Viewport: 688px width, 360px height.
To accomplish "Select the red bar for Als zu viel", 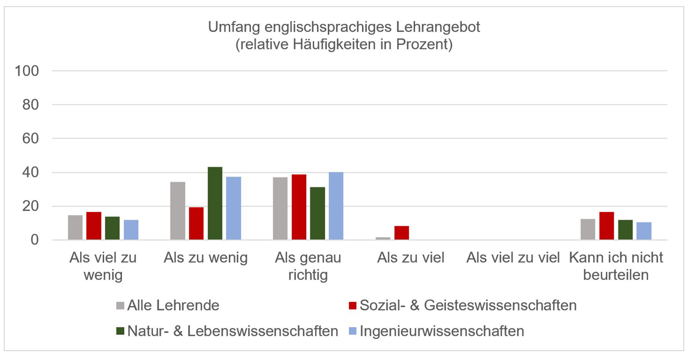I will pyautogui.click(x=401, y=233).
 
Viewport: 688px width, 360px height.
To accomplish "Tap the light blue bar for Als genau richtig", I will pyautogui.click(x=336, y=206).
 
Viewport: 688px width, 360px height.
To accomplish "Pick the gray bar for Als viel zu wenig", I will pyautogui.click(x=75, y=227).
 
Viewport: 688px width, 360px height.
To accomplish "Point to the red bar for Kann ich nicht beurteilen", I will pyautogui.click(x=606, y=226).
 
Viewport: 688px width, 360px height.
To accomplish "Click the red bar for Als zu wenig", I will pyautogui.click(x=196, y=223).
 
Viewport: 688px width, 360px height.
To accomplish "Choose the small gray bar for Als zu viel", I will pyautogui.click(x=383, y=238).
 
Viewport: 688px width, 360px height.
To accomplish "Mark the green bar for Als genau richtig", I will pyautogui.click(x=317, y=213).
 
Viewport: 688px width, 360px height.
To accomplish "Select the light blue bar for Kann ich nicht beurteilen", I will pyautogui.click(x=644, y=231).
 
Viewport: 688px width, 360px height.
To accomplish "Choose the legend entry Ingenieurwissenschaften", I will pyautogui.click(x=442, y=331).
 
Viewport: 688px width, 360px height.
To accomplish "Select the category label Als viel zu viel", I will pyautogui.click(x=513, y=258).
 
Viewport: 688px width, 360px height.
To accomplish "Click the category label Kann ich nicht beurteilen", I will pyautogui.click(x=616, y=266).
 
